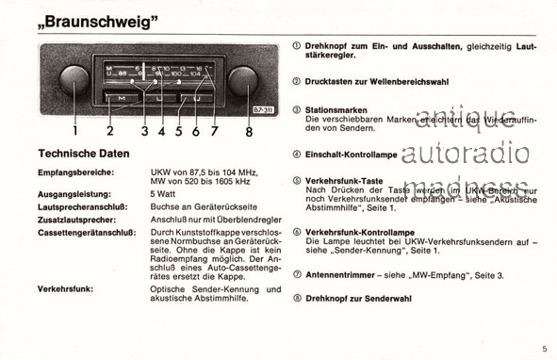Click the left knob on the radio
66,82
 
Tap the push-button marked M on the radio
123,98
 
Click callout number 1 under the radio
74,132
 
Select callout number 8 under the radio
249,132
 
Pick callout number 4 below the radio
161,132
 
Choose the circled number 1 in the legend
297,46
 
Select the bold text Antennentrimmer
342,274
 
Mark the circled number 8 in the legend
297,298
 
